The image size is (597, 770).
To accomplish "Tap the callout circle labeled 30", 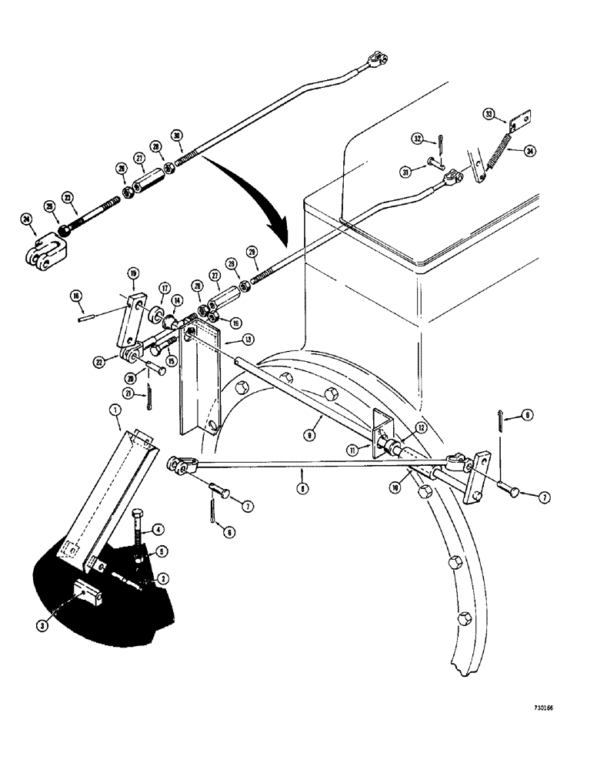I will pyautogui.click(x=178, y=136).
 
